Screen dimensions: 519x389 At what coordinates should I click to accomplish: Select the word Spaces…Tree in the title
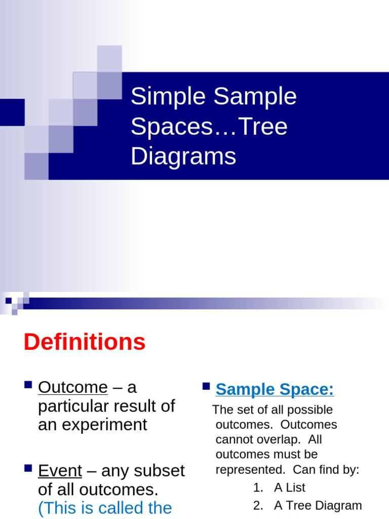click(x=209, y=126)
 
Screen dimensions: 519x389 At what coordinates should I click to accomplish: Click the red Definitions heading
click(x=85, y=342)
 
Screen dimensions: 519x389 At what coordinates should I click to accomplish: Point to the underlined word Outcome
click(x=73, y=387)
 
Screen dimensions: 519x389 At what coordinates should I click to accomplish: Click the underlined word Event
click(x=60, y=471)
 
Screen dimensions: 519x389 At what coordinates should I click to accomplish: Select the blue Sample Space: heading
click(x=275, y=389)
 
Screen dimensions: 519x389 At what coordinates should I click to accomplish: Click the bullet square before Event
click(x=28, y=468)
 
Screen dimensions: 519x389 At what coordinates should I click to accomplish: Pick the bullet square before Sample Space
click(x=206, y=386)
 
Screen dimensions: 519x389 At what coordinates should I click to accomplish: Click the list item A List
click(x=290, y=488)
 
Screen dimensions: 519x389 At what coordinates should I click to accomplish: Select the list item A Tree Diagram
click(x=318, y=505)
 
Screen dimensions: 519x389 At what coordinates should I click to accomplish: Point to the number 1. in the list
click(x=258, y=488)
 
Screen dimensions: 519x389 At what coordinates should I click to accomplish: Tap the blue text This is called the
click(x=105, y=507)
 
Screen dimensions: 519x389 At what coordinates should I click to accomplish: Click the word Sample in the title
click(x=255, y=96)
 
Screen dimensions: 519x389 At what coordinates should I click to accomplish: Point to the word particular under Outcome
click(x=71, y=406)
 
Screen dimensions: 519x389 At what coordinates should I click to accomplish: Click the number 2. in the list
click(x=258, y=505)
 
